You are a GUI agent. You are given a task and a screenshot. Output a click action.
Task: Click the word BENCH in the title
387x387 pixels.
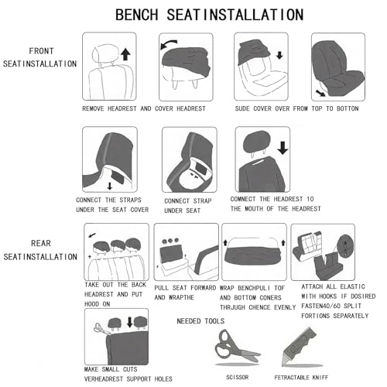pos(136,15)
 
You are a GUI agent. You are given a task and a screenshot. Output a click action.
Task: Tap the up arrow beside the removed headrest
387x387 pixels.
pos(125,55)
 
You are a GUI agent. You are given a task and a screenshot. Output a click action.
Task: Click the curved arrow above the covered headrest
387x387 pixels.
pos(169,44)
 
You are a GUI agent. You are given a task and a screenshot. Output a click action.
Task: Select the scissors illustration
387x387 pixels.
pos(237,345)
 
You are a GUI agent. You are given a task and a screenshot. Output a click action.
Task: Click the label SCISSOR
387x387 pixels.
pos(238,377)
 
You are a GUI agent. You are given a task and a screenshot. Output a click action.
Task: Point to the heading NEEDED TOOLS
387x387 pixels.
pos(200,321)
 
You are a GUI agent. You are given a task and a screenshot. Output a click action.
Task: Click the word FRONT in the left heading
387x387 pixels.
pos(41,51)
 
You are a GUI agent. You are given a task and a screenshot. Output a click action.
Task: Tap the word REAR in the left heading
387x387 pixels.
pos(41,243)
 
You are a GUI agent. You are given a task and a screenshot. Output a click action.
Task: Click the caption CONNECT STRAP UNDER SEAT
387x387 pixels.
pos(187,206)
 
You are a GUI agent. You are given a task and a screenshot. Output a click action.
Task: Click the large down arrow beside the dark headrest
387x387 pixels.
pos(283,148)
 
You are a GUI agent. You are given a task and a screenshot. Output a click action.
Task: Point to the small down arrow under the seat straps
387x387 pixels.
pos(110,186)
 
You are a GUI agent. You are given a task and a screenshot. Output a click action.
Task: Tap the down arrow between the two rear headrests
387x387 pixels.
pos(130,322)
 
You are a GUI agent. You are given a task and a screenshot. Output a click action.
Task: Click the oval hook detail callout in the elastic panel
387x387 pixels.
pos(346,245)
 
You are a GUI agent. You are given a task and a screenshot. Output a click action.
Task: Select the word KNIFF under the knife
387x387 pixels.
pos(320,378)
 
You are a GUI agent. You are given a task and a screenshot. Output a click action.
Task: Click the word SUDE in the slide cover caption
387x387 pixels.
pos(242,108)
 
